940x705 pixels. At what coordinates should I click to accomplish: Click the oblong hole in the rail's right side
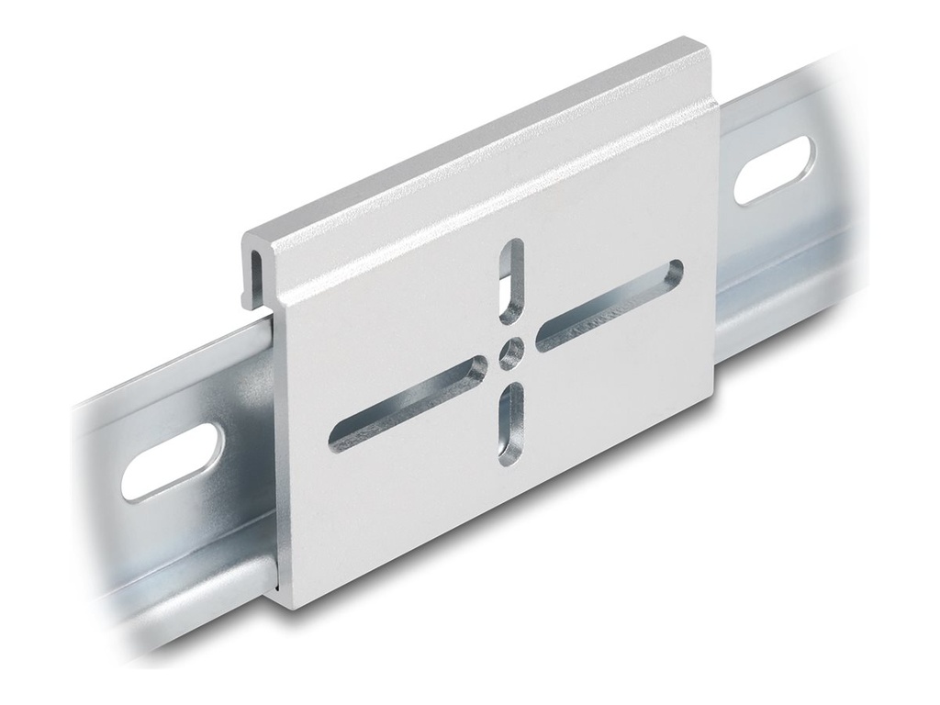pyautogui.click(x=776, y=171)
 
